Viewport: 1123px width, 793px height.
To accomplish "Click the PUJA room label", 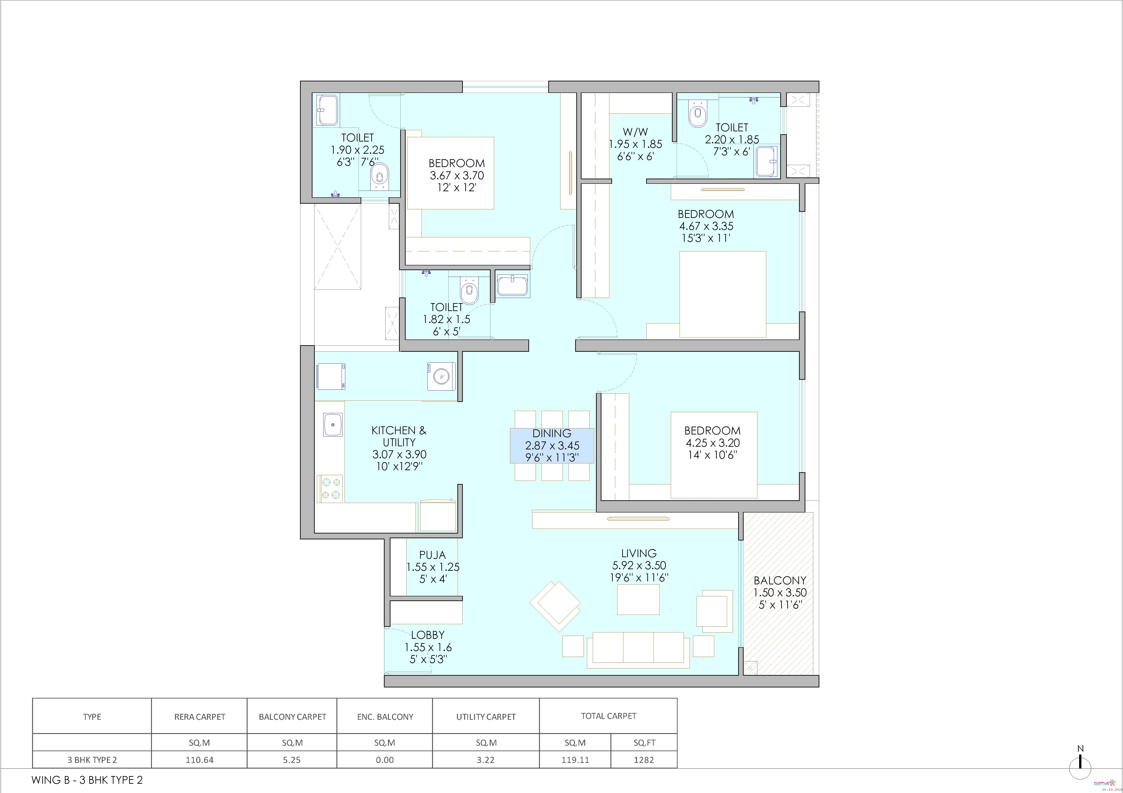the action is [432, 555].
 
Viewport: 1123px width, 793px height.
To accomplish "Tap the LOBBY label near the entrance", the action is [428, 635].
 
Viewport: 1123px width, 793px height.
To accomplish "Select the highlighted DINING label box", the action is [552, 445].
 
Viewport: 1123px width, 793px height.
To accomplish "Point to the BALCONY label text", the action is [780, 580].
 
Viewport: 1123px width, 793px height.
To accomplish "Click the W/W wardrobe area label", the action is [635, 132].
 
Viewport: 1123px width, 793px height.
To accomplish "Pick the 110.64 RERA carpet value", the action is [200, 760].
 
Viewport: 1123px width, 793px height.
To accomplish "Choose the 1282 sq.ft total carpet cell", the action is [644, 760].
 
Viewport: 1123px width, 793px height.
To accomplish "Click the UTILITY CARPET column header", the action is [486, 717].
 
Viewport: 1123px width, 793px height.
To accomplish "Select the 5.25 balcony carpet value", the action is [292, 760].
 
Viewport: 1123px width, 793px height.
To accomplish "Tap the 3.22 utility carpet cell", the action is [486, 760].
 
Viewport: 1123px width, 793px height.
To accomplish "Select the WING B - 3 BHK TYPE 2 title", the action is [87, 780].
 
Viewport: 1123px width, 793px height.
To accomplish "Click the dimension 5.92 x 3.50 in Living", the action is [639, 565].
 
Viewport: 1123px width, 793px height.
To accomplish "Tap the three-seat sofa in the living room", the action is [638, 650].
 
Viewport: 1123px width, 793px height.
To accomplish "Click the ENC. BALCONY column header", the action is [385, 717].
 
